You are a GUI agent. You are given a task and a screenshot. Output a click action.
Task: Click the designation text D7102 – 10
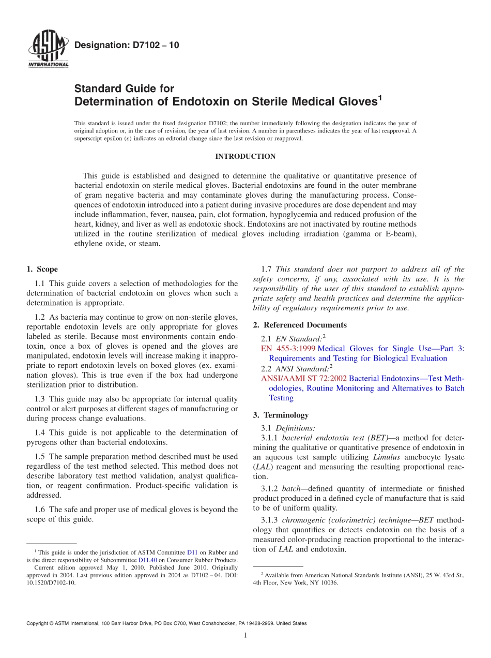point(127,46)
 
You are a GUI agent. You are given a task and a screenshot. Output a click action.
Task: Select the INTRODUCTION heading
point(245,156)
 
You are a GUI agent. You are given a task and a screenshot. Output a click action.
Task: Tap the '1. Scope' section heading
point(42,269)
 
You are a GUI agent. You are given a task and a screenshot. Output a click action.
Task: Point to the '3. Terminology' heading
point(288,415)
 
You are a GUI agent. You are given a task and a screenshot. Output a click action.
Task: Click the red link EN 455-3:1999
point(288,349)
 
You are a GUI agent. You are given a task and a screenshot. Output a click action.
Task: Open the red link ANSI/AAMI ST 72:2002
point(304,378)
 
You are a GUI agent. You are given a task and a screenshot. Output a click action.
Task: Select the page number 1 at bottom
point(245,635)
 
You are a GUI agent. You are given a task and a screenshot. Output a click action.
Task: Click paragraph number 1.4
point(40,432)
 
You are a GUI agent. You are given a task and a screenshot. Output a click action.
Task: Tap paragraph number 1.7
point(267,269)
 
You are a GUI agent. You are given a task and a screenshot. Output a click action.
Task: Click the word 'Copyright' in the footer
point(39,623)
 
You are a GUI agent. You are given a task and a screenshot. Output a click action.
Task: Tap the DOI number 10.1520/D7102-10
point(51,582)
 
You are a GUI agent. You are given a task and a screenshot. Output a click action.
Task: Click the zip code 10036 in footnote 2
point(329,582)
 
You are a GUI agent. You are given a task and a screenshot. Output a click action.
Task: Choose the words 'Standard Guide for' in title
point(124,88)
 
